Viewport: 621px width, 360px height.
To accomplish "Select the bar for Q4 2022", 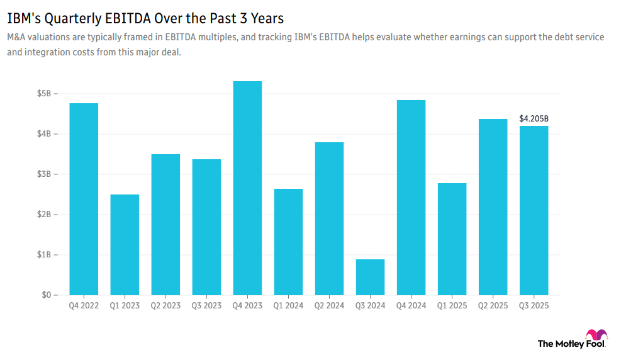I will pyautogui.click(x=84, y=199).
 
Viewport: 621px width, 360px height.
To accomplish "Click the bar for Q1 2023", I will pyautogui.click(x=125, y=245).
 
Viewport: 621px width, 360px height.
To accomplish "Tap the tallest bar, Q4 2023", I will pyautogui.click(x=247, y=188).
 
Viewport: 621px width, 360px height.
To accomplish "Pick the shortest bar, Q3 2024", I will pyautogui.click(x=370, y=277).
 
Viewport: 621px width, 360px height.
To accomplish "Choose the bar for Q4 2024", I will pyautogui.click(x=411, y=198).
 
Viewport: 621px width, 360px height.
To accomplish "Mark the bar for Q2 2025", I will pyautogui.click(x=493, y=207).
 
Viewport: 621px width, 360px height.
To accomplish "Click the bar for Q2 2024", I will pyautogui.click(x=329, y=218).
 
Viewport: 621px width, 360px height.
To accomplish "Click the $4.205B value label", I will pyautogui.click(x=534, y=118).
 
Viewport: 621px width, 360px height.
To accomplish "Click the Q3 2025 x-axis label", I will pyautogui.click(x=534, y=306).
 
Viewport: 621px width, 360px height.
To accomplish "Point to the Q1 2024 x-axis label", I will pyautogui.click(x=288, y=306).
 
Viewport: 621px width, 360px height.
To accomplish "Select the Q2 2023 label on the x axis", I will pyautogui.click(x=165, y=306).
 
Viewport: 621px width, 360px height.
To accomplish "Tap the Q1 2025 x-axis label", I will pyautogui.click(x=452, y=306).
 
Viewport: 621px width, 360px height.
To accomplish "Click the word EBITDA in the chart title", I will pyautogui.click(x=121, y=18).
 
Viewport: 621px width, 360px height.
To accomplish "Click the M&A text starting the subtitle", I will pyautogui.click(x=17, y=38).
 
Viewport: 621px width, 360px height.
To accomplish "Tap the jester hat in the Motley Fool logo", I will pyautogui.click(x=595, y=334).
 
